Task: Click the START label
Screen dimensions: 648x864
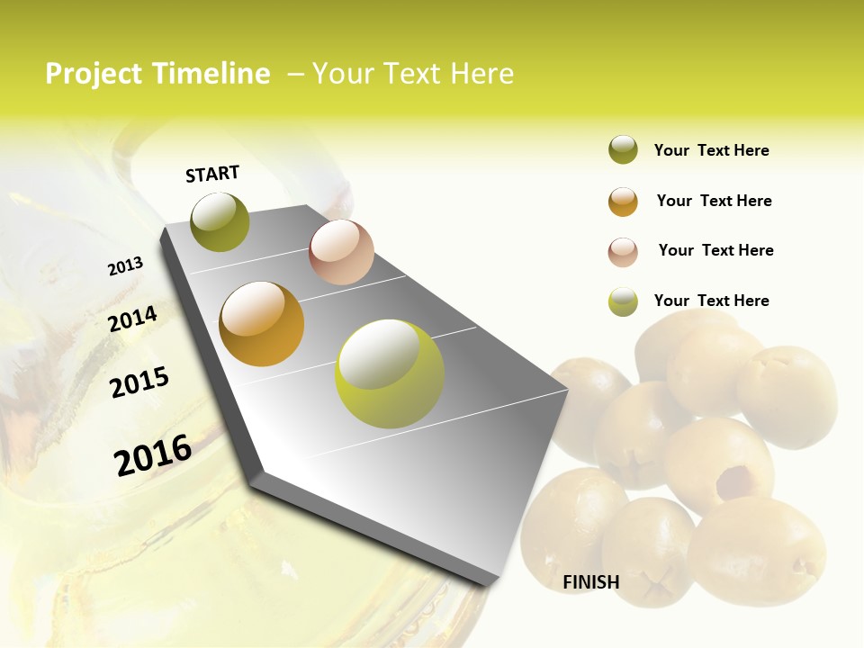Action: coord(212,174)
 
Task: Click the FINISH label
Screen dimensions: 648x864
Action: coord(590,582)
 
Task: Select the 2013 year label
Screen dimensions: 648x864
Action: coord(126,266)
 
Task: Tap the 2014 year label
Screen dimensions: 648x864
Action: coord(133,319)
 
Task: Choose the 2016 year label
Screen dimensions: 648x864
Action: coord(153,454)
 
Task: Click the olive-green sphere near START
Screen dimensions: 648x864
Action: coord(220,221)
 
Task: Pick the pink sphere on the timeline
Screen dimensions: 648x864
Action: coord(341,252)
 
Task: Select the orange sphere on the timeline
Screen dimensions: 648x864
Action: coord(262,324)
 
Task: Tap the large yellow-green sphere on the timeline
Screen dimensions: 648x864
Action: coord(389,373)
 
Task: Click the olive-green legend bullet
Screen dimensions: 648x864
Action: coord(623,150)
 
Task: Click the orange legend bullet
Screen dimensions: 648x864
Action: coord(623,202)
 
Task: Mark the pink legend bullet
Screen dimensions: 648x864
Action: coord(623,252)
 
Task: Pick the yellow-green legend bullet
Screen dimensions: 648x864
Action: coord(623,301)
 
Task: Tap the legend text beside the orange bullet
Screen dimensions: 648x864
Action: coord(714,201)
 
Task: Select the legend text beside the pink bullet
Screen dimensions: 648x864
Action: coord(715,250)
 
